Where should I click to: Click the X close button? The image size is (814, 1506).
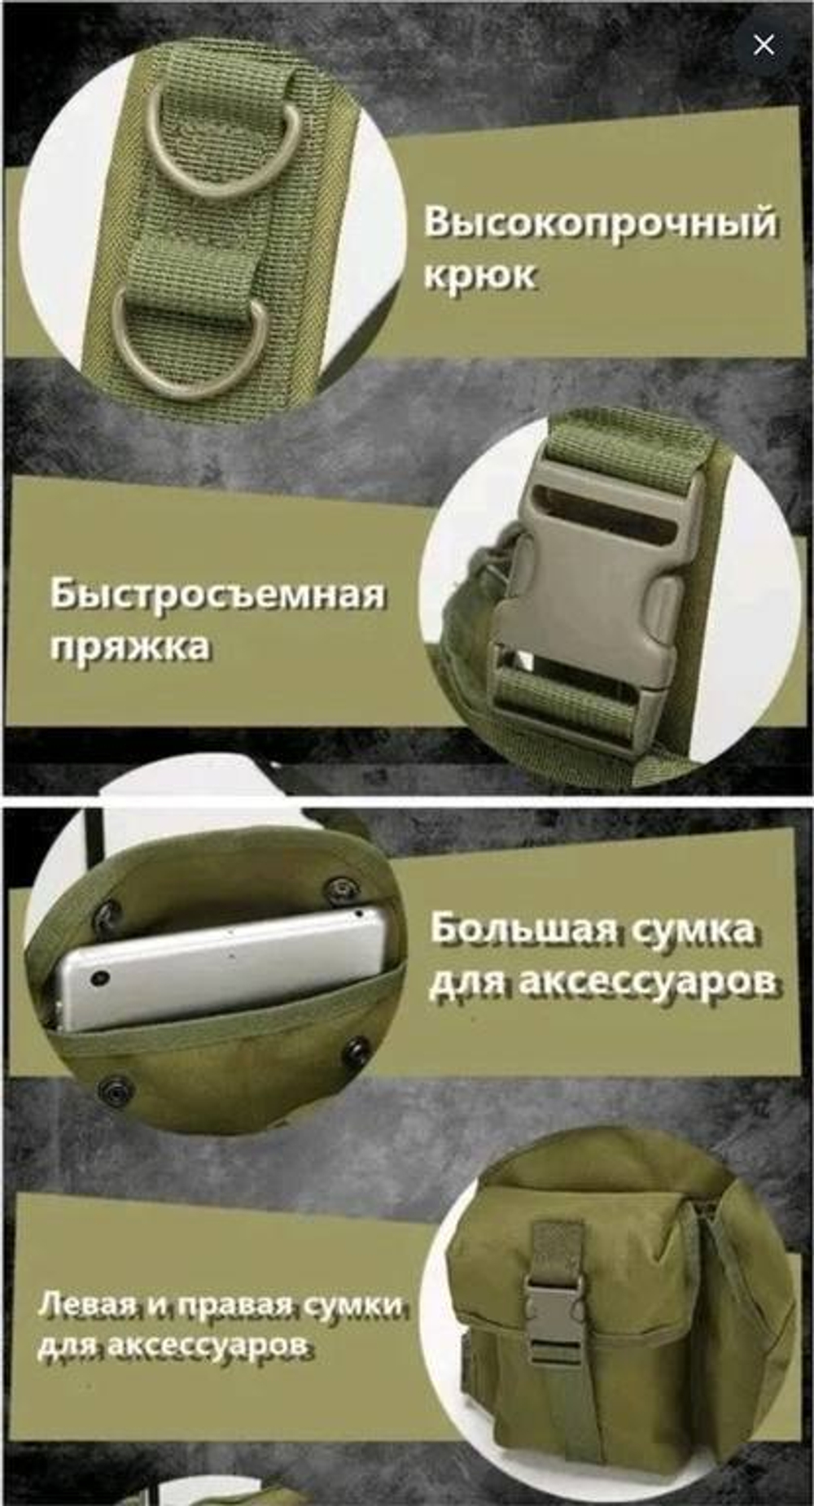764,45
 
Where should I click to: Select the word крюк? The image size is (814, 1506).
479,275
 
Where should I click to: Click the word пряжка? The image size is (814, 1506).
129,647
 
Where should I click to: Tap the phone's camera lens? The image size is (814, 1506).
101,977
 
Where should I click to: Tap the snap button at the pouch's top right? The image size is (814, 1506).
341,888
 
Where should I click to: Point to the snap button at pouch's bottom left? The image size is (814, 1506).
115,1089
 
